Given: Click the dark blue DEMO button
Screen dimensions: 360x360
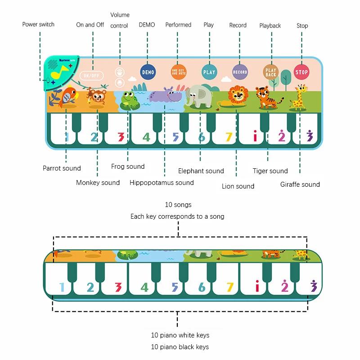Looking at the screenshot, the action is [148, 72].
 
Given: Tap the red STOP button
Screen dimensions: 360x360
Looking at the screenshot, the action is [301, 72].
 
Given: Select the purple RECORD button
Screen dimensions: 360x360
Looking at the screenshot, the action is [240, 72].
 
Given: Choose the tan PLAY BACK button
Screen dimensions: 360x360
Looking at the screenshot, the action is [271, 72].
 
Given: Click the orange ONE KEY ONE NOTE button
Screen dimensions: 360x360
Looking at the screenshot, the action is [179, 72].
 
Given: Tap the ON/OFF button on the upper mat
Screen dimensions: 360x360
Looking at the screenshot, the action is [92, 76].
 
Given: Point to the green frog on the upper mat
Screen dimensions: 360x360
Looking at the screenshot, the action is [130, 100].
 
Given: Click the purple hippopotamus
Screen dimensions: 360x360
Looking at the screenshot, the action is [166, 94].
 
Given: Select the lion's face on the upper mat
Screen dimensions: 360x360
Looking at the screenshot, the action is [238, 94].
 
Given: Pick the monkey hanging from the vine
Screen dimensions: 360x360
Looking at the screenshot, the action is [97, 96].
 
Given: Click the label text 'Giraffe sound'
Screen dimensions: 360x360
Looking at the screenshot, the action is [300, 184].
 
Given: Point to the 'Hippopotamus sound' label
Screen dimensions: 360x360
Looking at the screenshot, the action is [162, 183].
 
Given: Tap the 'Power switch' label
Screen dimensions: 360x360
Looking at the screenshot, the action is [38, 24].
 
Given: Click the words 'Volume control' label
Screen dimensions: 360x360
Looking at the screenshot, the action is [120, 20].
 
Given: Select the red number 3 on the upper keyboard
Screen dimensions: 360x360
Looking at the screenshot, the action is [121, 137].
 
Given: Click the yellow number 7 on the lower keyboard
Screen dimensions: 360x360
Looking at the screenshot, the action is [230, 287].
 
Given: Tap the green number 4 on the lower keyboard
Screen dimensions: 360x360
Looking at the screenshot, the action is [144, 287].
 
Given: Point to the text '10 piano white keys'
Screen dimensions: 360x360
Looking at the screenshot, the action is [180, 335].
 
